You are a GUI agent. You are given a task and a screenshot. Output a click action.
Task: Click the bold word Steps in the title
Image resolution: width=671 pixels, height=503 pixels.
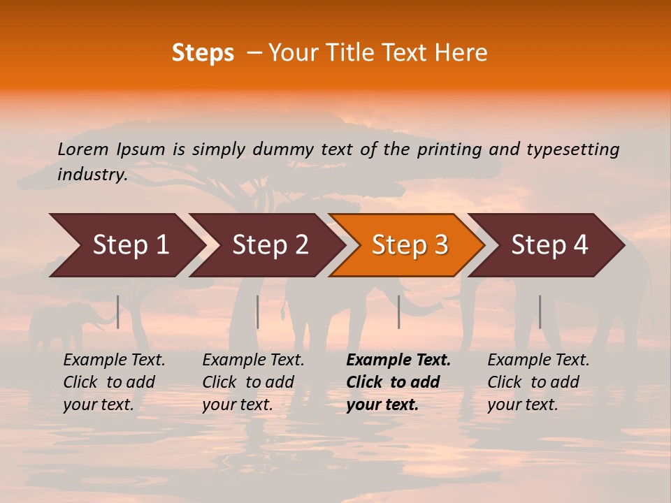203,53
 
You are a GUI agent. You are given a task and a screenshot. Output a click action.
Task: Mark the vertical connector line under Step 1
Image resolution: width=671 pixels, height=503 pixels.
118,312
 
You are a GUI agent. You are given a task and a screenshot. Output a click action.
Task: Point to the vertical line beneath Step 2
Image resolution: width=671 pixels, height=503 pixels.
258,312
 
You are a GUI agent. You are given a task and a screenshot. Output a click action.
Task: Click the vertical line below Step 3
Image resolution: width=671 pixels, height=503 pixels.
398,312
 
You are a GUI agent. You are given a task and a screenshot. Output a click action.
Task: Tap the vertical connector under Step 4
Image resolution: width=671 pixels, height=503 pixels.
540,312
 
